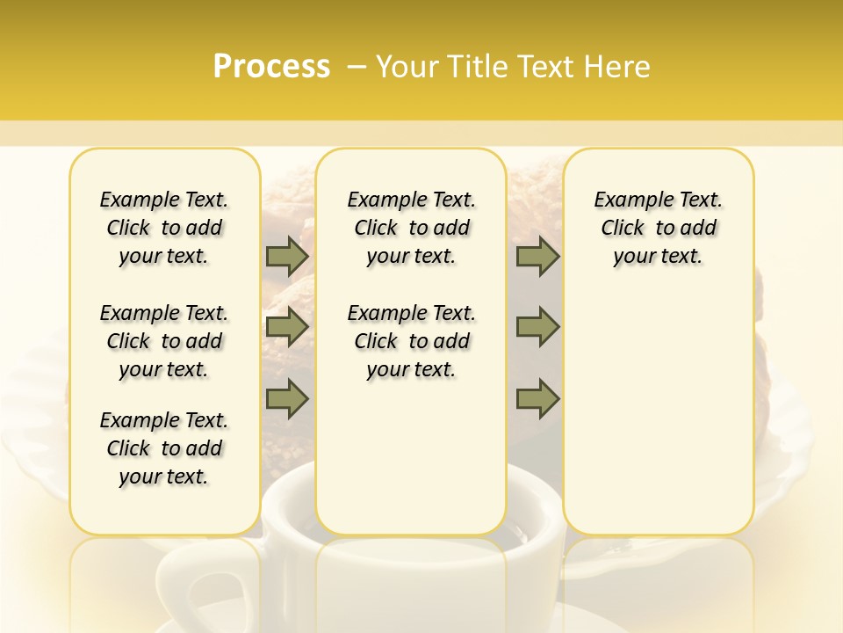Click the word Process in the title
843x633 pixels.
(x=271, y=67)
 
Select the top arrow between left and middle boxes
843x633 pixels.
(x=287, y=257)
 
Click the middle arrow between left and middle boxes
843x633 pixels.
(x=287, y=327)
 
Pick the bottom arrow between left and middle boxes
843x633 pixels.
(x=287, y=399)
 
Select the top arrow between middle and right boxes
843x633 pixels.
(x=537, y=257)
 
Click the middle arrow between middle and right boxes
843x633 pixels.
(x=537, y=327)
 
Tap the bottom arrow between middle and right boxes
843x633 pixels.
(x=537, y=399)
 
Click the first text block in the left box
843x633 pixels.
(x=164, y=228)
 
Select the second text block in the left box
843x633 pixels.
(x=164, y=341)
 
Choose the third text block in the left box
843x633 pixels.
(x=164, y=448)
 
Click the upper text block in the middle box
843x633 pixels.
(x=411, y=228)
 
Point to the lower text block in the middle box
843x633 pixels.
(x=411, y=341)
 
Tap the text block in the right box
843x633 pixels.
(x=658, y=228)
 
